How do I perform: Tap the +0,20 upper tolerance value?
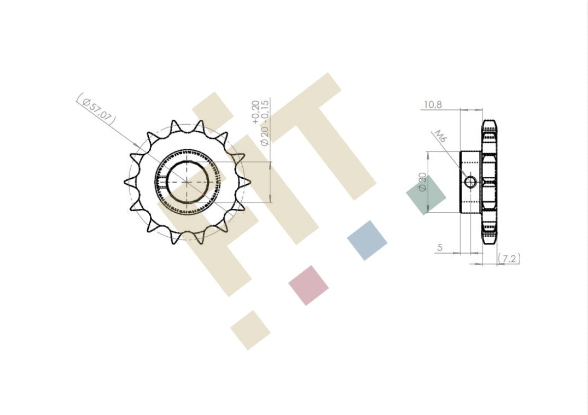tap(255, 112)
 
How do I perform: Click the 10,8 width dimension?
tap(433, 104)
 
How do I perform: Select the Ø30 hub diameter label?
tap(422, 182)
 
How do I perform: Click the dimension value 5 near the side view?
tap(440, 248)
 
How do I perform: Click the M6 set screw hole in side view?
tap(470, 182)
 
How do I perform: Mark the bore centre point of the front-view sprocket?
tap(187, 182)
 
